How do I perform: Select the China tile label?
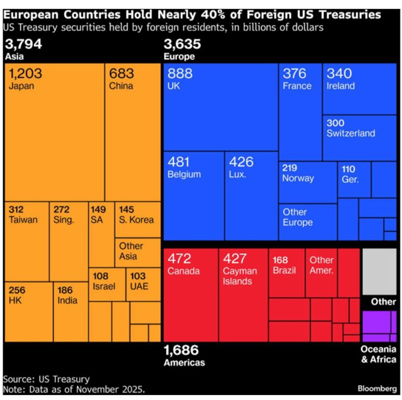(121, 86)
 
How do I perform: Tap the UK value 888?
(180, 74)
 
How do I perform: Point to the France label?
(296, 86)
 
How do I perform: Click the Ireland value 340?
(339, 74)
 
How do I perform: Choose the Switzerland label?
(350, 133)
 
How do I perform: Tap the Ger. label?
(350, 179)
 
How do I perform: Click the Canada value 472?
(179, 259)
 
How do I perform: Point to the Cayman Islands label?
(240, 276)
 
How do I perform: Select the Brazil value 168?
(280, 260)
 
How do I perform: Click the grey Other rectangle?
(379, 272)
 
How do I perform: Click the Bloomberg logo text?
(377, 388)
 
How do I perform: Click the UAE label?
(138, 286)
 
